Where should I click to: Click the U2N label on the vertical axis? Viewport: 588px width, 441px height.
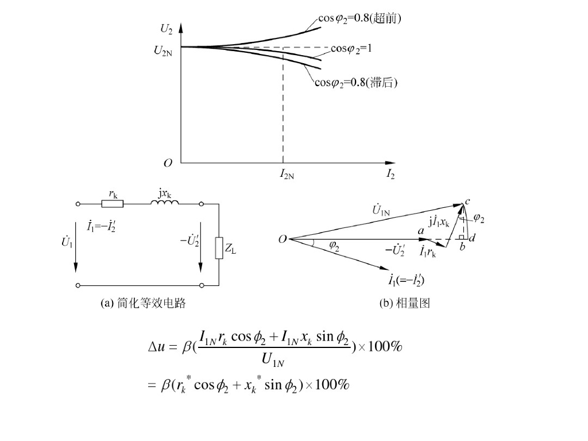tap(163, 51)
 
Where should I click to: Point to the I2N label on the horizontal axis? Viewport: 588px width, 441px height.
tap(287, 173)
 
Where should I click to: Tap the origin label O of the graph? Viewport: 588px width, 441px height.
tap(168, 163)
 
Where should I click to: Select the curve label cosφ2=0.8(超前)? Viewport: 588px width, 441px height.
tap(359, 19)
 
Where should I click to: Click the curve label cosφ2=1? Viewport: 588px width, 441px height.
tap(351, 49)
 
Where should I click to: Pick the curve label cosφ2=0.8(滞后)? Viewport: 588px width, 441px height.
tap(356, 83)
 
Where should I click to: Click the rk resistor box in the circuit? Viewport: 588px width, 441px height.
tap(113, 203)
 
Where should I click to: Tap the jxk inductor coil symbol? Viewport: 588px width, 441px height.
tap(166, 203)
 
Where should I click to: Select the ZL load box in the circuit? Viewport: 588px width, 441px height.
tap(219, 249)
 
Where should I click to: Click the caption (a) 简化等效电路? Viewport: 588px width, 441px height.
tap(143, 304)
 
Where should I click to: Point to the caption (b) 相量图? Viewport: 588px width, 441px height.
tap(404, 304)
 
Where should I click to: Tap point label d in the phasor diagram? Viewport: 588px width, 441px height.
tap(472, 238)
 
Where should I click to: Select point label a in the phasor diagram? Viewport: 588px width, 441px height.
tap(421, 230)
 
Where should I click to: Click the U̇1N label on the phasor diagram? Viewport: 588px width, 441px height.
tap(381, 211)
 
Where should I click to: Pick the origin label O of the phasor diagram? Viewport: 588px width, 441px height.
tap(282, 239)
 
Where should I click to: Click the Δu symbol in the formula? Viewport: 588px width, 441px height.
tap(157, 347)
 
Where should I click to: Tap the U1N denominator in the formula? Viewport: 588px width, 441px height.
tap(273, 361)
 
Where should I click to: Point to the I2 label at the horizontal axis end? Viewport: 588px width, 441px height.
tap(390, 173)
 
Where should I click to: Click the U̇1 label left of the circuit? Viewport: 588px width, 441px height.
tap(67, 242)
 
